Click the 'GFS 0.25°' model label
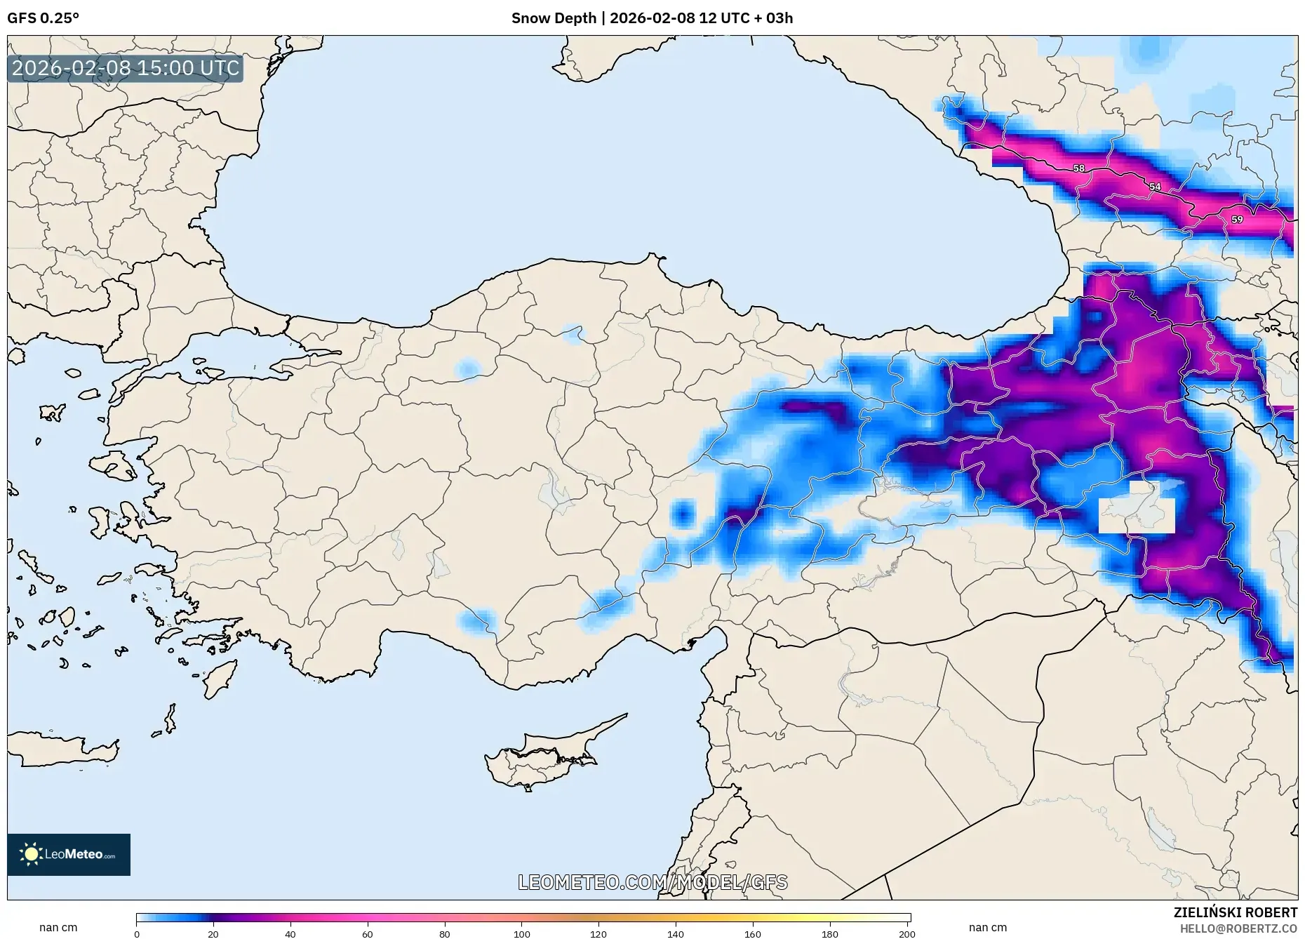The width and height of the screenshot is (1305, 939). point(43,18)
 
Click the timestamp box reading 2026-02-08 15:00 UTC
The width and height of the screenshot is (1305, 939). point(126,68)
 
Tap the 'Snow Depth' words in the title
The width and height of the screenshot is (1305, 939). point(553,18)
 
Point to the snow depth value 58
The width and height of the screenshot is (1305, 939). point(1079,168)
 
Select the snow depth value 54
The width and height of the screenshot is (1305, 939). point(1155,187)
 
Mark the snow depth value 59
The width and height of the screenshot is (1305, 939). point(1237,220)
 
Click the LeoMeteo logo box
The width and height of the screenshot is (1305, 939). point(69,854)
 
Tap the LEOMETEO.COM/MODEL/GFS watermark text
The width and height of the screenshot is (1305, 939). point(652,882)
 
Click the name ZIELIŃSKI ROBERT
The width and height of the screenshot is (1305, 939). point(1235,912)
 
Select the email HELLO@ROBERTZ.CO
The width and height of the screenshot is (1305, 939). point(1238,928)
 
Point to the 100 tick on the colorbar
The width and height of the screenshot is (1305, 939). point(521,934)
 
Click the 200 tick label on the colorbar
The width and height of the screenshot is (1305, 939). point(906,934)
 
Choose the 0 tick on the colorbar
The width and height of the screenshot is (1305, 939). point(137,934)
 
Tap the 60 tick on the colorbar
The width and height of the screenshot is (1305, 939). point(367,934)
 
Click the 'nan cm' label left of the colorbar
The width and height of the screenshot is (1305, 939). point(58,928)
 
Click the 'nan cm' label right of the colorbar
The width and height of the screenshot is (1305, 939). point(987,928)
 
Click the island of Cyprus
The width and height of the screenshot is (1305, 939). point(540,758)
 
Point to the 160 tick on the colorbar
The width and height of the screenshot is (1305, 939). point(752,934)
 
